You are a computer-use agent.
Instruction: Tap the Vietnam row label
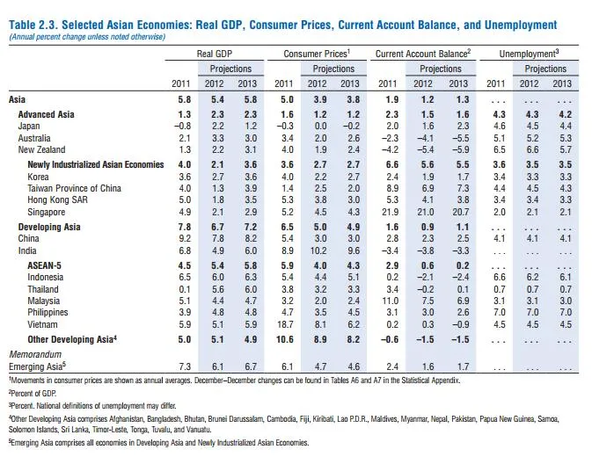35,324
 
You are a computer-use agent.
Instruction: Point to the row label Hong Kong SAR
49,200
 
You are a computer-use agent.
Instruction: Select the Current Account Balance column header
423,54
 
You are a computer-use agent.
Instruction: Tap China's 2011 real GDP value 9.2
181,238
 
